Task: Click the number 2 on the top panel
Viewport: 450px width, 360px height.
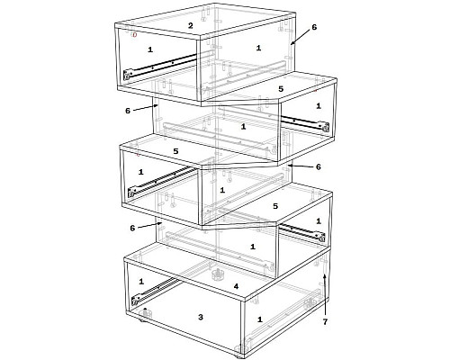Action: (x=191, y=25)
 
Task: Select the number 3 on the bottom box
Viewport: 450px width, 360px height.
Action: (x=201, y=317)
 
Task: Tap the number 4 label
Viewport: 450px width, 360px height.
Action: (x=236, y=286)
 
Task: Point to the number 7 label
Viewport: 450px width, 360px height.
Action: (x=325, y=322)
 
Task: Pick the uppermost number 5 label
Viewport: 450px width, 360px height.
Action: (x=281, y=89)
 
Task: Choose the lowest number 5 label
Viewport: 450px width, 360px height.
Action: (x=275, y=206)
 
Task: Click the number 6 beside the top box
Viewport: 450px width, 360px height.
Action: (x=314, y=27)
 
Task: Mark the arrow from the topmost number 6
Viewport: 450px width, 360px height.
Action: (x=301, y=37)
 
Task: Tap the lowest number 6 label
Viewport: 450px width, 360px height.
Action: (x=132, y=228)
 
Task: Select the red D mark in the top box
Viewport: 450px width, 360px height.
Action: (x=135, y=35)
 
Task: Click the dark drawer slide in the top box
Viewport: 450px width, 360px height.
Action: (x=160, y=66)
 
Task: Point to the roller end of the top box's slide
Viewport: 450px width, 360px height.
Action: (x=128, y=75)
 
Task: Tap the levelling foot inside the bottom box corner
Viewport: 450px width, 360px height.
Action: (x=146, y=312)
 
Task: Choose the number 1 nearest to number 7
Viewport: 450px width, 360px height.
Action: (x=319, y=221)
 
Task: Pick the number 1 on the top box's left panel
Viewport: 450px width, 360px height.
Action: (x=150, y=49)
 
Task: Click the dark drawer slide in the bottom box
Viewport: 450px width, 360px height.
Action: (x=156, y=291)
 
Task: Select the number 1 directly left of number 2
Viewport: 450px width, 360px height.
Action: (x=150, y=49)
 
